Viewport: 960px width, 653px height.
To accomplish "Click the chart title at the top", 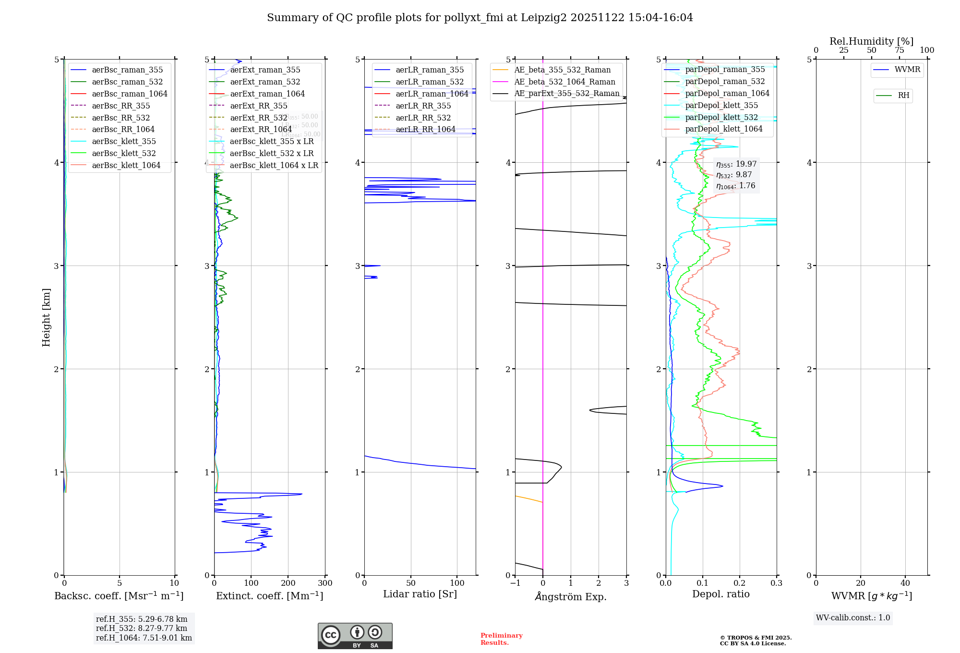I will coord(480,18).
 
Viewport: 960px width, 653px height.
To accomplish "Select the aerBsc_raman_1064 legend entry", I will coord(129,94).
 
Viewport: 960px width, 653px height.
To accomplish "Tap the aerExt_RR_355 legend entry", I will coord(258,106).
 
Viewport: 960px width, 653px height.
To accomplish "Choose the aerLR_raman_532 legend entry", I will coord(429,82).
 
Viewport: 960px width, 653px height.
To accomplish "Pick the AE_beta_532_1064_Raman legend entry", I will coord(564,82).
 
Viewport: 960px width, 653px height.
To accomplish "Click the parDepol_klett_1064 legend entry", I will coord(723,129).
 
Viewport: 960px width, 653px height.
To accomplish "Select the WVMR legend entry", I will coord(907,70).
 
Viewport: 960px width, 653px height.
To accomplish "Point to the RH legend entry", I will coord(903,96).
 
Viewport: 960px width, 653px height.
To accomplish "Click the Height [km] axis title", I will coord(46,317).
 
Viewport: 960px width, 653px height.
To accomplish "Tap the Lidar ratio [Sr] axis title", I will coord(420,594).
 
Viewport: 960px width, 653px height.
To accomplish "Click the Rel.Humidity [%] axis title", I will coord(871,41).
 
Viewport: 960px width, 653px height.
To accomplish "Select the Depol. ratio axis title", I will coord(720,594).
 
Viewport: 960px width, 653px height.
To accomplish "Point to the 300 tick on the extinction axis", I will coord(325,583).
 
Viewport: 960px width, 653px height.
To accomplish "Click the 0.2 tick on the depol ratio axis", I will coord(740,583).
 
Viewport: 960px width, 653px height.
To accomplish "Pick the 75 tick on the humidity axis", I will coord(899,50).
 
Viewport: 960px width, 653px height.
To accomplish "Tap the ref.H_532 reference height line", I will coord(141,628).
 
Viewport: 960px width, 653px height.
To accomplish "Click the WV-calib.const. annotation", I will coord(853,618).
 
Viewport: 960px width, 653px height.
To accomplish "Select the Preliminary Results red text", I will coord(501,639).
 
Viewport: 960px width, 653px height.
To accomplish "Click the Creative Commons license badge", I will coord(355,636).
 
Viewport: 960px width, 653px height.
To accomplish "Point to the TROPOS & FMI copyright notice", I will coord(756,641).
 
